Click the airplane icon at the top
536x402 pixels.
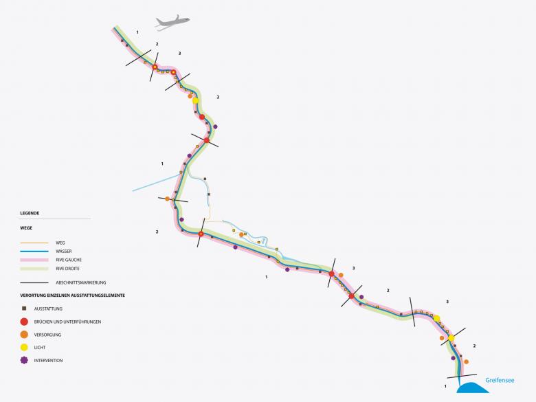point(172,23)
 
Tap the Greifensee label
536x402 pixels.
point(500,379)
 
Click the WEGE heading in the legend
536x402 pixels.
point(26,227)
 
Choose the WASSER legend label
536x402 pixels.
point(65,252)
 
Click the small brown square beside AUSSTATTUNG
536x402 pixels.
point(24,309)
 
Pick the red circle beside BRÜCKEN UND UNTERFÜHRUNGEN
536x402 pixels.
point(24,322)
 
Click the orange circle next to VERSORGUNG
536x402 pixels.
point(24,335)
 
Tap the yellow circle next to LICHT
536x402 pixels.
point(24,348)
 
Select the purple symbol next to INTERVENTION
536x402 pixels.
point(24,360)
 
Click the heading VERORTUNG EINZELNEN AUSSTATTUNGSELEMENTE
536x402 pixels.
point(72,295)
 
